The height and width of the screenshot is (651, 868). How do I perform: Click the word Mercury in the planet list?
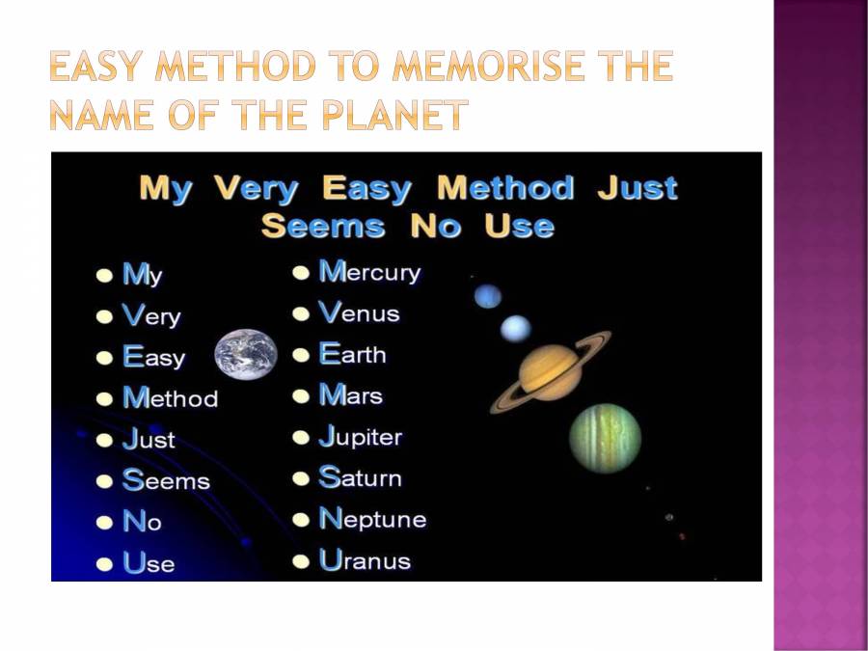click(369, 272)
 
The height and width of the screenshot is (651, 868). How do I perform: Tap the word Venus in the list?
click(359, 312)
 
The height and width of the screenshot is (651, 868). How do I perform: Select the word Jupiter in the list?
click(361, 437)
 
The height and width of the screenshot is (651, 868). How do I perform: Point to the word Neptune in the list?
click(372, 519)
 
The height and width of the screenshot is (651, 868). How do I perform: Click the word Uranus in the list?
click(365, 559)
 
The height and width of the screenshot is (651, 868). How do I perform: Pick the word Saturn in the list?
click(360, 477)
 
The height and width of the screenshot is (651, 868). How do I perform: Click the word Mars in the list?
click(350, 395)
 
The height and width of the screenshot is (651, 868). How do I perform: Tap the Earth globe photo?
click(246, 354)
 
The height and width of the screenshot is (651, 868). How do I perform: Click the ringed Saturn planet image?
click(551, 371)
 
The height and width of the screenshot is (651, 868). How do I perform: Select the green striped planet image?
click(605, 438)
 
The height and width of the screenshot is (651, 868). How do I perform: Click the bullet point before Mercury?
click(301, 273)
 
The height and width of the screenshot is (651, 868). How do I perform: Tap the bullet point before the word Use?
click(104, 564)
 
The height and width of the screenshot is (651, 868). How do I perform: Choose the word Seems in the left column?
click(166, 480)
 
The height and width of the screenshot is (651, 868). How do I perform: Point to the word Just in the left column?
click(149, 439)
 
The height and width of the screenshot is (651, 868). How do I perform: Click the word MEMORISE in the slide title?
click(488, 66)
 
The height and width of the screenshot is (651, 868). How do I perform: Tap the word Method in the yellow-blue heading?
click(505, 188)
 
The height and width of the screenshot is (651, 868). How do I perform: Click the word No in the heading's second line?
click(435, 226)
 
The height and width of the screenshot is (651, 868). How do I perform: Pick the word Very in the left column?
click(151, 315)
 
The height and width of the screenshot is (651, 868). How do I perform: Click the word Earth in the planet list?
click(352, 354)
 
